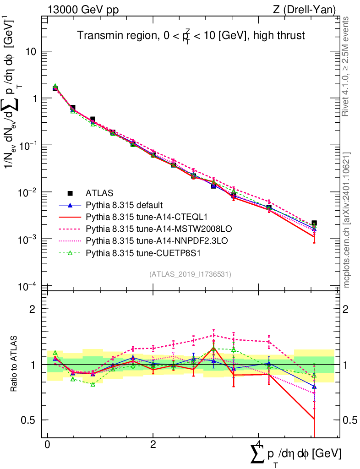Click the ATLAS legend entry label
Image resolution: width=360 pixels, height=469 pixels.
(x=99, y=193)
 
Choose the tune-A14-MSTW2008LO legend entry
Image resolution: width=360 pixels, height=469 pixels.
(x=140, y=227)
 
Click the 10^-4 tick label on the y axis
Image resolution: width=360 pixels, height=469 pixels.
(x=27, y=287)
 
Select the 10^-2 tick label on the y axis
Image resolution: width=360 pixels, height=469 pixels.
(x=27, y=192)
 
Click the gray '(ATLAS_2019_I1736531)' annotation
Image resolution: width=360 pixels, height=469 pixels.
(x=190, y=274)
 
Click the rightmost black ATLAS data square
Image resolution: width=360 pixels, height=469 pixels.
(x=314, y=224)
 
